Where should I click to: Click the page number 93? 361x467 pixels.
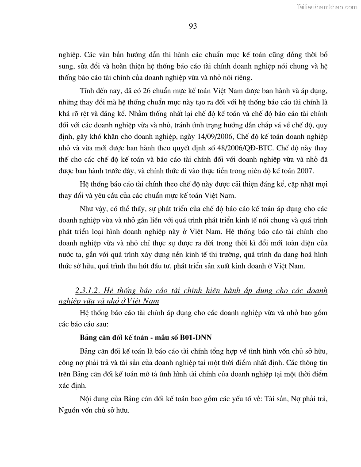point(193,26)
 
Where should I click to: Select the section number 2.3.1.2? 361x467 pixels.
point(88,291)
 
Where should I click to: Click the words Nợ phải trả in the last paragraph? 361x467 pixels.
point(310,398)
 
